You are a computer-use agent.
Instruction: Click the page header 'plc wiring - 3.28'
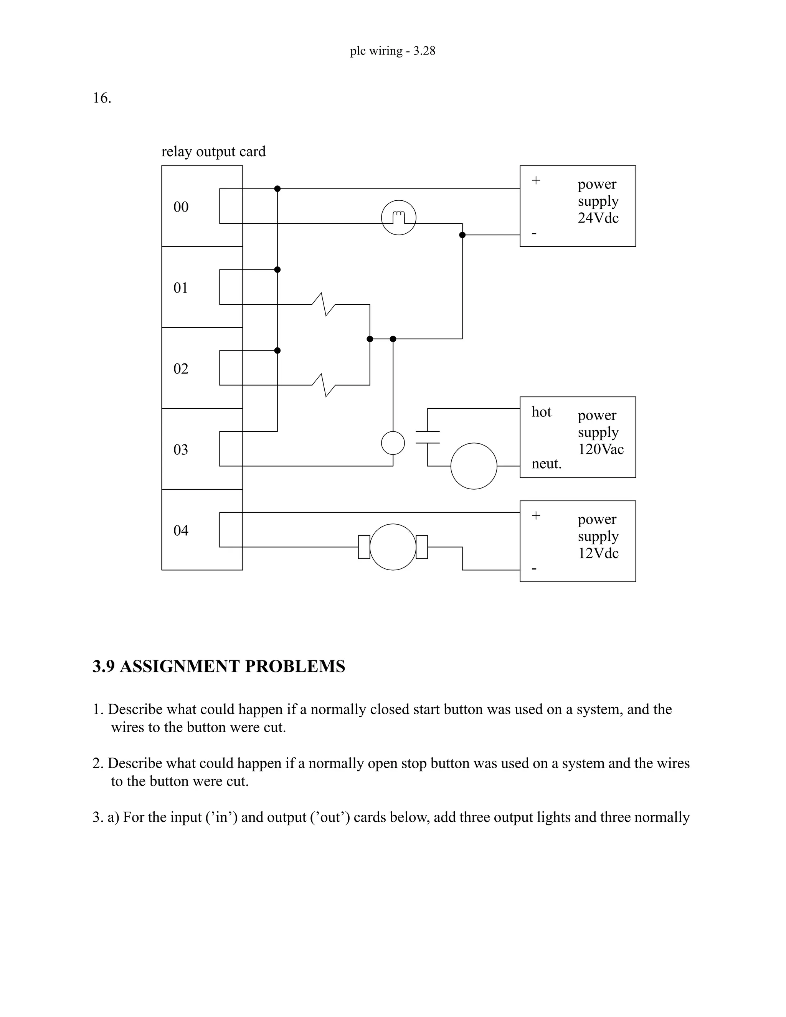click(x=393, y=51)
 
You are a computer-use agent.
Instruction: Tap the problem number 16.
click(x=102, y=98)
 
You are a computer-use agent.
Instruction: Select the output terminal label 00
click(x=181, y=207)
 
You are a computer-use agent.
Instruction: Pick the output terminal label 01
click(x=181, y=288)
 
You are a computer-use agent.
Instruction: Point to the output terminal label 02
click(x=181, y=369)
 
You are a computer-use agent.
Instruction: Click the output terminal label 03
click(x=181, y=450)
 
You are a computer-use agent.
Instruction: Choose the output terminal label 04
click(x=181, y=530)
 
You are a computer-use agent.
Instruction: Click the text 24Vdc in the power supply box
click(x=598, y=218)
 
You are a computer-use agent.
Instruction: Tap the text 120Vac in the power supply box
click(x=601, y=449)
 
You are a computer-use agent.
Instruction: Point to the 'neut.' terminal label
click(x=546, y=464)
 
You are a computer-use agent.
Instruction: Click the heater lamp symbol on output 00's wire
click(x=399, y=218)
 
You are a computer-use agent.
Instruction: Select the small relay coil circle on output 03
click(x=393, y=443)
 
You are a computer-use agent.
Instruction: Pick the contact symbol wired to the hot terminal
click(x=428, y=437)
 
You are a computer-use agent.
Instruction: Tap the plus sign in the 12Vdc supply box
click(x=536, y=515)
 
